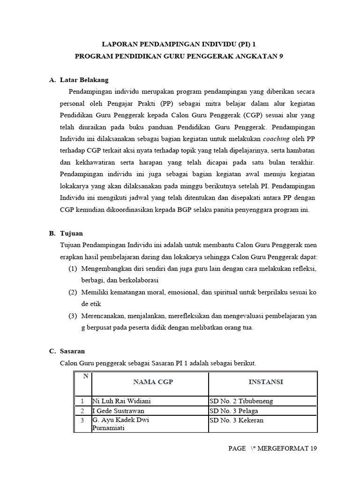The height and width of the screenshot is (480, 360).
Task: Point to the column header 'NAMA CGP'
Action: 153,382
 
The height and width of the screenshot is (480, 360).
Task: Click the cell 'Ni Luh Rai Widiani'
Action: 122,401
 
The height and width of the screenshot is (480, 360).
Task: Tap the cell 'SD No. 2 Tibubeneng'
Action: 241,401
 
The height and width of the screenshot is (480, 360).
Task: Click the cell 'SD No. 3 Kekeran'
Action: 236,420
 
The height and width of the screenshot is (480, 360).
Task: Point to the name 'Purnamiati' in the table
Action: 108,428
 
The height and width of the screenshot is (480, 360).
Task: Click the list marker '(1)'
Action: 72,269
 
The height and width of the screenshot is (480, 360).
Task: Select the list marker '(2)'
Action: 72,292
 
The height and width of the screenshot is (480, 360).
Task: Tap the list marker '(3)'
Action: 72,316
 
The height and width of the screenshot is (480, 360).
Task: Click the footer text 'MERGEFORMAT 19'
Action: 291,449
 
